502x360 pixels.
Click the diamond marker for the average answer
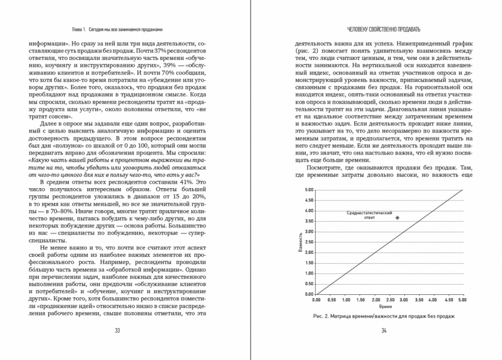click(397, 217)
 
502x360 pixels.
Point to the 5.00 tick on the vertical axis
click(309, 190)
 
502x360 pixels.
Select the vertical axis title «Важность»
click(301, 243)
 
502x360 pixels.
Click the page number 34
click(383, 330)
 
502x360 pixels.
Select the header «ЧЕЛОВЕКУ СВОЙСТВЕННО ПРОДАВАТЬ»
click(383, 30)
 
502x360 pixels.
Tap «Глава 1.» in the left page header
click(76, 30)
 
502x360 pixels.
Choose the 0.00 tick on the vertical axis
click(309, 294)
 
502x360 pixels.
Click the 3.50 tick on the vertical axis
click(309, 221)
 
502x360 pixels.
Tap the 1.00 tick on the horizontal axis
click(345, 300)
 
